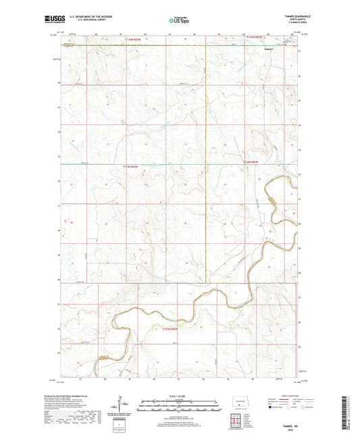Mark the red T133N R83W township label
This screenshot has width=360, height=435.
130,165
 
